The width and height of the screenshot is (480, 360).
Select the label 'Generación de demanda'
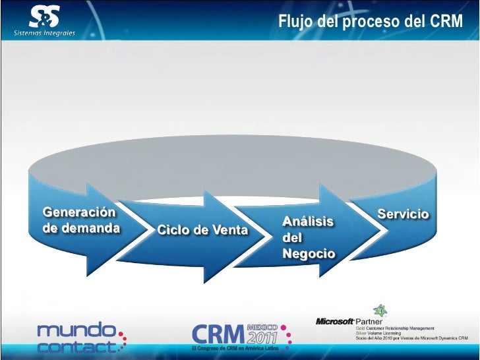81,220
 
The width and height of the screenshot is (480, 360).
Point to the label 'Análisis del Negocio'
308,237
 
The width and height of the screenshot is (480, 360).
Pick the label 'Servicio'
403,215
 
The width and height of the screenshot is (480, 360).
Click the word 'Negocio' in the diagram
308,254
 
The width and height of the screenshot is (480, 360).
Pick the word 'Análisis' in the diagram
308,222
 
